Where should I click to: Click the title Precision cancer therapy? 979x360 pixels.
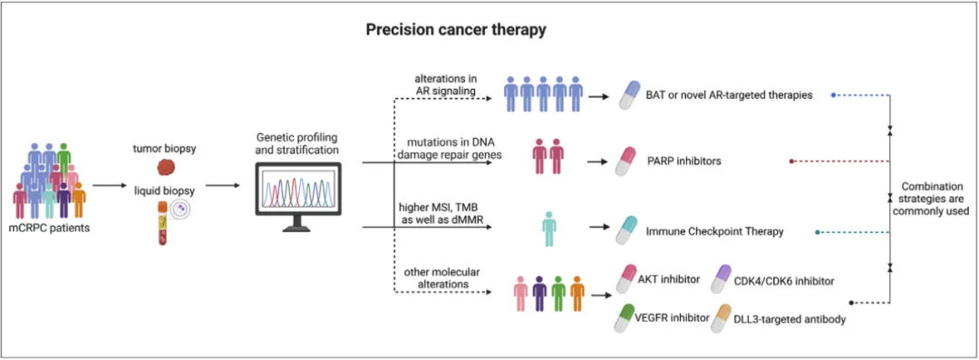pyautogui.click(x=457, y=30)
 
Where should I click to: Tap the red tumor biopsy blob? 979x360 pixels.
pyautogui.click(x=166, y=167)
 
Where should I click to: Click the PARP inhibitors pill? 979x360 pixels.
pyautogui.click(x=625, y=161)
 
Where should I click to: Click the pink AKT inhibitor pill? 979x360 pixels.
pyautogui.click(x=626, y=278)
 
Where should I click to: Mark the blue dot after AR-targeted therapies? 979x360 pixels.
pyautogui.click(x=834, y=95)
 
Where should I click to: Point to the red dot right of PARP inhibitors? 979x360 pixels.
pyautogui.click(x=791, y=161)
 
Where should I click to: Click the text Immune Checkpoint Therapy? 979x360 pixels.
pyautogui.click(x=715, y=232)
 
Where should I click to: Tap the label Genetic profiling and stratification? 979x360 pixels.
pyautogui.click(x=299, y=143)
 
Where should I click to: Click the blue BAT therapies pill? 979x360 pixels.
pyautogui.click(x=631, y=95)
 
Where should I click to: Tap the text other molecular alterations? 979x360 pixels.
pyautogui.click(x=432, y=277)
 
